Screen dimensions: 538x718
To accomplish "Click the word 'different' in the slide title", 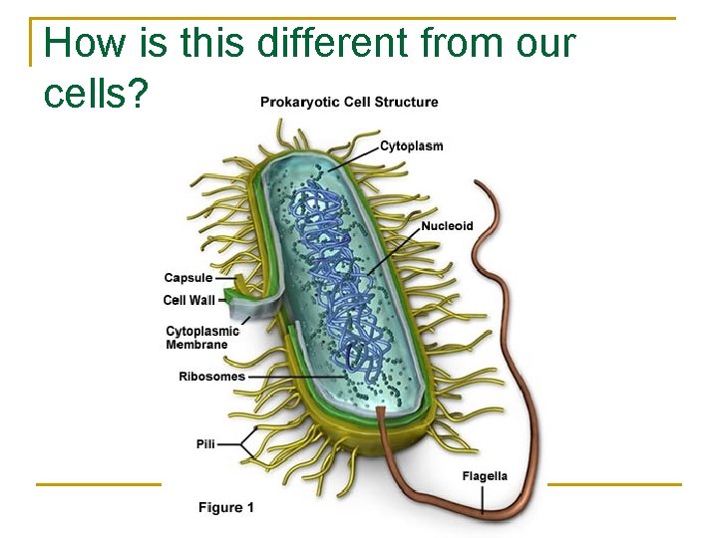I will (x=333, y=44).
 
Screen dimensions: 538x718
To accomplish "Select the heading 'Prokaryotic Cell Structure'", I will (x=349, y=102).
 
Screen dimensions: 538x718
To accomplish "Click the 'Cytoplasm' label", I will (x=411, y=145).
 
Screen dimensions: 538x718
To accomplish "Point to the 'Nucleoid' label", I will (x=447, y=226).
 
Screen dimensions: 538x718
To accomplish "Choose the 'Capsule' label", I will (x=188, y=278).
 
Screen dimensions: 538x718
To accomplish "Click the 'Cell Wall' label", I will (x=188, y=300).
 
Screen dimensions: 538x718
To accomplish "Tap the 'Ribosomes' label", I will (x=211, y=377).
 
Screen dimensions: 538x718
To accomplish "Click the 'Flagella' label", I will (x=485, y=475).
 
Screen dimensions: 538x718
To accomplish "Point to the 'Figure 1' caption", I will (x=226, y=507).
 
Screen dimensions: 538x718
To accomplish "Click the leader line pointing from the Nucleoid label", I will (x=394, y=249).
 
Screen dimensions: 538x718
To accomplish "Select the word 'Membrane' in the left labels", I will (x=196, y=345).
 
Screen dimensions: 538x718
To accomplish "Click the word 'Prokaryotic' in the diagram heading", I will (x=297, y=102).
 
